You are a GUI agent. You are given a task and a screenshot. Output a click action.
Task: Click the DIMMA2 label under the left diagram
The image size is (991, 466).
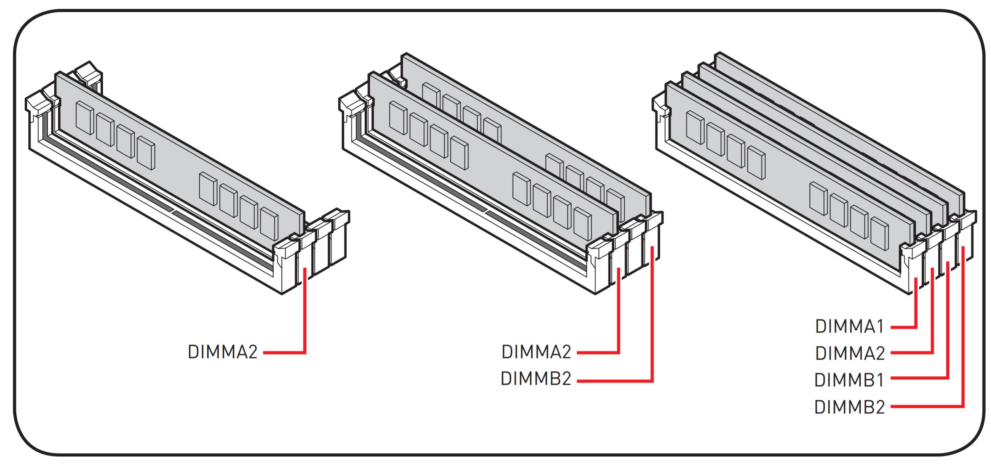pyautogui.click(x=223, y=352)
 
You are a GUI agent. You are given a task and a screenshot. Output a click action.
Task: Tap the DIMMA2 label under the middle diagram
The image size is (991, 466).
pyautogui.click(x=536, y=352)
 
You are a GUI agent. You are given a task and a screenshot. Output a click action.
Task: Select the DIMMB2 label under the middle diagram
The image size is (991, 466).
pyautogui.click(x=536, y=379)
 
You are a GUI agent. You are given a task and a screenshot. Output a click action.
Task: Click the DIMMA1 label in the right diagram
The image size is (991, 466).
pyautogui.click(x=850, y=326)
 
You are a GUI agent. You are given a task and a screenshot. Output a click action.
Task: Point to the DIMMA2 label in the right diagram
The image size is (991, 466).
pyautogui.click(x=850, y=353)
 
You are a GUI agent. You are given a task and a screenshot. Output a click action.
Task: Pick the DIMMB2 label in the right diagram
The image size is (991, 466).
pyautogui.click(x=850, y=407)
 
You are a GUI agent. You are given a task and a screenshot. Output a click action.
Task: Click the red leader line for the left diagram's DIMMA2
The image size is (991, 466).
pyautogui.click(x=305, y=317)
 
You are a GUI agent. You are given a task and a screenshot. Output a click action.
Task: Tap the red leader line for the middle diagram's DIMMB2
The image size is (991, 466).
pyautogui.click(x=652, y=321)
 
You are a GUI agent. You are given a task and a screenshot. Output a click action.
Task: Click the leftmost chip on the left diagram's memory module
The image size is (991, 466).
pyautogui.click(x=85, y=118)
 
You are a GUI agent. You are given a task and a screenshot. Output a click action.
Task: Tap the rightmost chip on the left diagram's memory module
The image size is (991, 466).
pyautogui.click(x=269, y=224)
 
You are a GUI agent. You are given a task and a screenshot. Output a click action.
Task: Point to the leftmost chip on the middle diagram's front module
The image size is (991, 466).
pyautogui.click(x=398, y=118)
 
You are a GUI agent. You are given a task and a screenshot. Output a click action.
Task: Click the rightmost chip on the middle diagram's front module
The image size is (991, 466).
pyautogui.click(x=582, y=224)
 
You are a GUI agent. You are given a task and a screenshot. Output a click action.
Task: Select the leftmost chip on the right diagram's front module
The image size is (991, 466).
pyautogui.click(x=695, y=128)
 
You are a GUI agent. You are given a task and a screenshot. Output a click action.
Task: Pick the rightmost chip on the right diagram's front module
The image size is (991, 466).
pyautogui.click(x=879, y=234)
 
